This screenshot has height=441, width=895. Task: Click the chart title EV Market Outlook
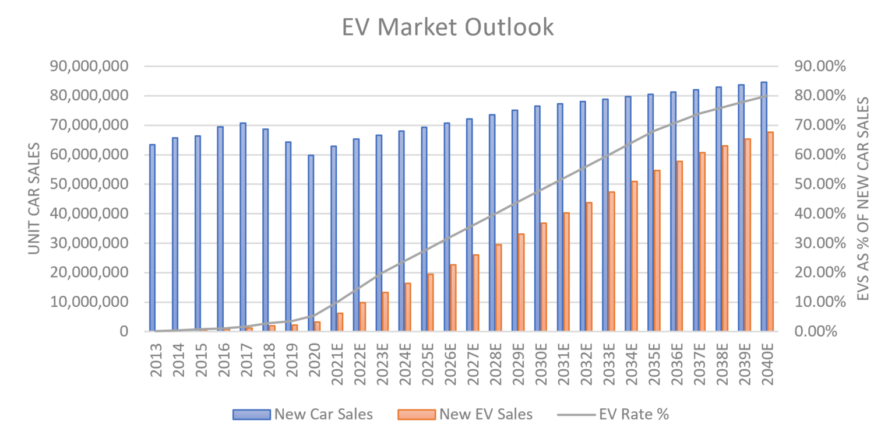[x=447, y=27]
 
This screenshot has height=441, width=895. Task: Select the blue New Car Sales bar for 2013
[x=152, y=237]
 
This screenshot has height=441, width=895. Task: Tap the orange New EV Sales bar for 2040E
[x=770, y=232]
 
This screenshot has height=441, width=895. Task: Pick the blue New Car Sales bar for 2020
[x=311, y=243]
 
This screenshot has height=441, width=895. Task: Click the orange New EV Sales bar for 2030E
[x=544, y=277]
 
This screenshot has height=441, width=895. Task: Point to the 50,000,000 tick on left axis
[x=89, y=184]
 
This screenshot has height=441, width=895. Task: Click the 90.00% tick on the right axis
[x=820, y=66]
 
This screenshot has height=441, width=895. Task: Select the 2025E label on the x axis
[x=428, y=364]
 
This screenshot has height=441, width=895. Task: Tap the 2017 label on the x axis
[x=246, y=360]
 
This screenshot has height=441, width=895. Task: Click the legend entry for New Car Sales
[x=303, y=414]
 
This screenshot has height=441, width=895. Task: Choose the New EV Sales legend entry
[x=465, y=414]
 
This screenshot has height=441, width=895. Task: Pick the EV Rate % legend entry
[x=614, y=414]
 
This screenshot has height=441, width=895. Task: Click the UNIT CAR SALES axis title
[x=34, y=198]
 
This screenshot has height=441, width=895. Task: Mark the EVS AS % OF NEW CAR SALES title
[x=864, y=198]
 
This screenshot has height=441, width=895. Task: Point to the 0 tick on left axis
[x=124, y=331]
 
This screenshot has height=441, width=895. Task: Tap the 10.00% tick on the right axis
[x=820, y=302]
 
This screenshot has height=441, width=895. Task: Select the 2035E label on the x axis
[x=654, y=364]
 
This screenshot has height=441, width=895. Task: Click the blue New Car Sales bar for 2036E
[x=673, y=212]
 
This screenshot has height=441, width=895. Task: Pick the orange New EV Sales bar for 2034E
[x=635, y=256]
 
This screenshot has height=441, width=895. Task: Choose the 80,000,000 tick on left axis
[x=89, y=96]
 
